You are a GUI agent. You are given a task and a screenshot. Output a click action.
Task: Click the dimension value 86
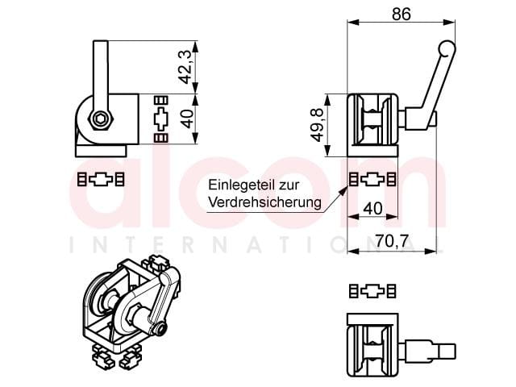pyautogui.click(x=402, y=15)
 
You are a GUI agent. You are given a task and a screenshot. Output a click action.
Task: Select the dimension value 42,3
pyautogui.click(x=185, y=67)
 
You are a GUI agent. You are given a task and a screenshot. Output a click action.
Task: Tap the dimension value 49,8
pyautogui.click(x=318, y=126)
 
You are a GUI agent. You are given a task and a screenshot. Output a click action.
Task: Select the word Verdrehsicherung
pyautogui.click(x=265, y=202)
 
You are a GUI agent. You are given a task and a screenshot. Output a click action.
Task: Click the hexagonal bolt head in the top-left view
pyautogui.click(x=101, y=119)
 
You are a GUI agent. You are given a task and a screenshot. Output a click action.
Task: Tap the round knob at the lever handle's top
pyautogui.click(x=447, y=48)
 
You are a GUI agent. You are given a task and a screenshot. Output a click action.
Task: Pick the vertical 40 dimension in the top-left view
pyautogui.click(x=188, y=119)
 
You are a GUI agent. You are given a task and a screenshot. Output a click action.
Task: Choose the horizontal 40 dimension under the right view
pyautogui.click(x=373, y=208)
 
